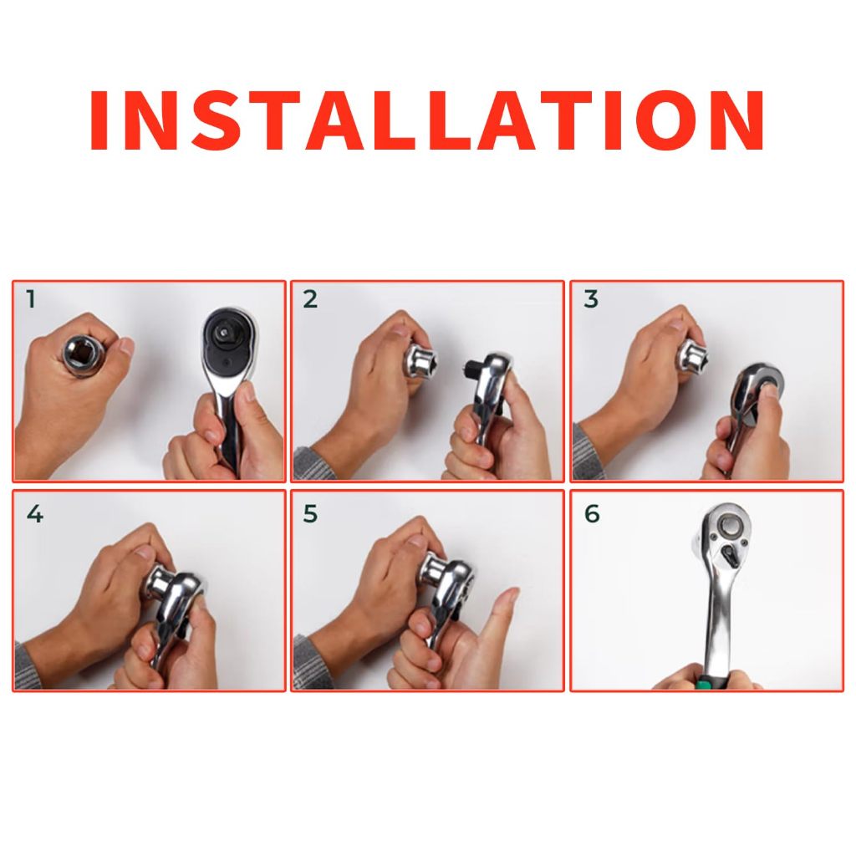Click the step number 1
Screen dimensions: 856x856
tap(31, 299)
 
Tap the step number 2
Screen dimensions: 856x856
tap(309, 299)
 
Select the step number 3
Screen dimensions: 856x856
tap(591, 299)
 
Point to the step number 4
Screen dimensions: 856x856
tap(34, 514)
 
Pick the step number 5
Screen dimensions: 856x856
tap(310, 514)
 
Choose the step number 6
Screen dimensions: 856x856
tap(592, 514)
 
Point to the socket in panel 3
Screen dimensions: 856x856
tap(693, 354)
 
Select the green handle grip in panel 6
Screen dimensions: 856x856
tap(711, 684)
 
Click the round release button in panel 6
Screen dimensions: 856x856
tap(731, 527)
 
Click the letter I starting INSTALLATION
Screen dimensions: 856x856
tap(99, 120)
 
